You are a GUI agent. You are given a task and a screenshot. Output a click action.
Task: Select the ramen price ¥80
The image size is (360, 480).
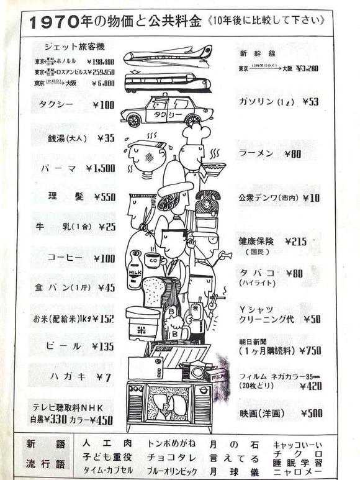click(294, 153)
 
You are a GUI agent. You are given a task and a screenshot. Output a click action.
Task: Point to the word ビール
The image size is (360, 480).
click(64, 346)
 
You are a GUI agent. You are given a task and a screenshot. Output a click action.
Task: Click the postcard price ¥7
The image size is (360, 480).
click(104, 377)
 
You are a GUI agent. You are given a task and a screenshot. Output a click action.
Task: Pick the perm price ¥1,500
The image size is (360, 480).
click(101, 168)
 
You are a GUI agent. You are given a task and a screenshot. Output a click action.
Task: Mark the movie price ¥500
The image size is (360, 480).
click(311, 413)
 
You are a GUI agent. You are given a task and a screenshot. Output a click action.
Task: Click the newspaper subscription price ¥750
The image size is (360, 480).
click(310, 350)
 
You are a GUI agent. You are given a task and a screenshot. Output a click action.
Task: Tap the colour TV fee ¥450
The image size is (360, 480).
click(101, 420)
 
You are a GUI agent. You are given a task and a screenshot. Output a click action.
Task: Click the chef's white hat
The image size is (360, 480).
click(195, 133)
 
